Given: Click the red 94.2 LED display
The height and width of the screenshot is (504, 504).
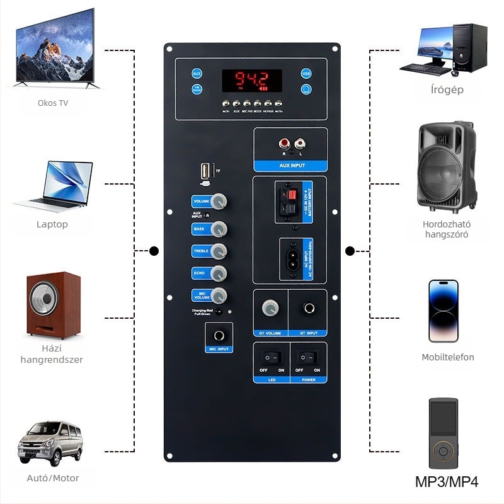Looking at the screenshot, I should pos(251,80).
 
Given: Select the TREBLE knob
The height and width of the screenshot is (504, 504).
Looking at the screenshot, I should pos(219,251).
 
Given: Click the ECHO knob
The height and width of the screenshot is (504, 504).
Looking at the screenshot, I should pos(219,273).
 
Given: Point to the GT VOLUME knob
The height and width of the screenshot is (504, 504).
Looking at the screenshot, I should pos(271,309).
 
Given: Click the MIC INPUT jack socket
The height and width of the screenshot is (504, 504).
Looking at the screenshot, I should pos(219,336).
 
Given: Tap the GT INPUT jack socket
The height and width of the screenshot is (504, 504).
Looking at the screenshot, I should pos(309,309).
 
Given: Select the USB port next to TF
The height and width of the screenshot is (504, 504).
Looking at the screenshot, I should pos(205,171).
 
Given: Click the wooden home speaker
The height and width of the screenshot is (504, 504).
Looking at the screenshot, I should pos(53,305).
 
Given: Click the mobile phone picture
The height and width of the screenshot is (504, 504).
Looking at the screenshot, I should pos(444,310).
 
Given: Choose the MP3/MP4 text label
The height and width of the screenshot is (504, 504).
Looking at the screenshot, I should pos(447,483).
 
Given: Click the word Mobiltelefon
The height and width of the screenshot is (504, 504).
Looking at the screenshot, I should pos(448,357).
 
